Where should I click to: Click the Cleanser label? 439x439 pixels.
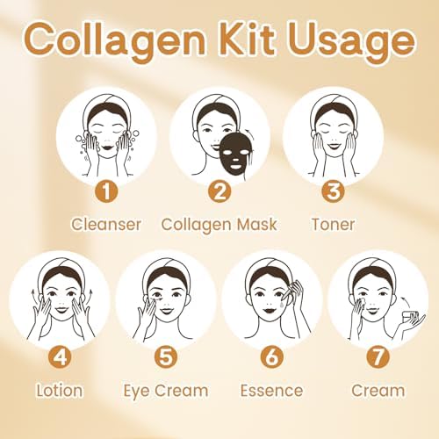pyautogui.click(x=106, y=224)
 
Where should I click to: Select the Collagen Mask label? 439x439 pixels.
pyautogui.click(x=219, y=224)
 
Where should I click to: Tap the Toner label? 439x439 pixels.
pyautogui.click(x=334, y=224)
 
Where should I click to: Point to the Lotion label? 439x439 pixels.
pyautogui.click(x=60, y=391)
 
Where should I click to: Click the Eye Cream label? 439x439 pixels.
pyautogui.click(x=166, y=391)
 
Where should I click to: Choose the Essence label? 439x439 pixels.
pyautogui.click(x=272, y=391)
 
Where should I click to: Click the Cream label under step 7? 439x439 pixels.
pyautogui.click(x=378, y=391)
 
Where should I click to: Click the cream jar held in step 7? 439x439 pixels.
pyautogui.click(x=412, y=312)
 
